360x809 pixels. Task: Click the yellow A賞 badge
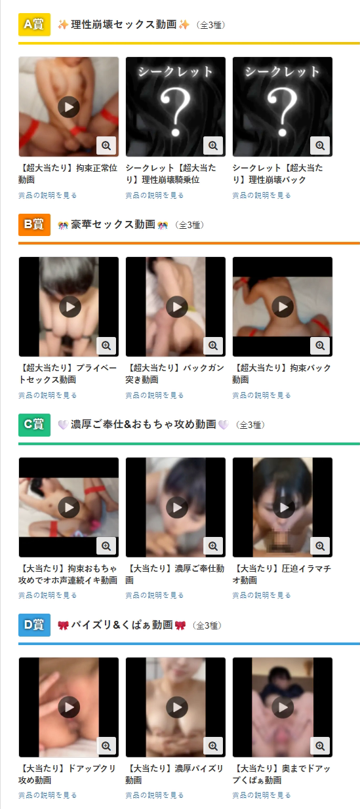[x=34, y=24]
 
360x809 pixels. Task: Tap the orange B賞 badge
[x=34, y=225]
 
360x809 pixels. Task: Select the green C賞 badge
[x=34, y=425]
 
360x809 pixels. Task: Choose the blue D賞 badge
[x=34, y=625]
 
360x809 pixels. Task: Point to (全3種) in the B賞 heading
[x=190, y=225]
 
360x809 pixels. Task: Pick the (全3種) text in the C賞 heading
[x=250, y=425]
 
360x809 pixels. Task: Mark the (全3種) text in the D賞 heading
[x=207, y=625]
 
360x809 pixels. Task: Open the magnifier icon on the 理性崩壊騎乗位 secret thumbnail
[x=213, y=146]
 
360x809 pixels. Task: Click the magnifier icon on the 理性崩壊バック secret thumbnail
[x=320, y=146]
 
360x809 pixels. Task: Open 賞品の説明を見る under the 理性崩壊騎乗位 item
[x=155, y=195]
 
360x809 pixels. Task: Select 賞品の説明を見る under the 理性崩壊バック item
[x=262, y=195]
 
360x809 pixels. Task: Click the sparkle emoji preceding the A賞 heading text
[x=63, y=24]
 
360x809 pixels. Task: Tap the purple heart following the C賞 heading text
[x=224, y=424]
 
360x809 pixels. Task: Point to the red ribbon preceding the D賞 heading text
[x=63, y=625]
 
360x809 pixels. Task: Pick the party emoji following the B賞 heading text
[x=163, y=225]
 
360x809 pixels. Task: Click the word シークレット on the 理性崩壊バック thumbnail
[x=283, y=71]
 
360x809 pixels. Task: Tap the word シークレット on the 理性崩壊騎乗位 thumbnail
[x=176, y=71]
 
